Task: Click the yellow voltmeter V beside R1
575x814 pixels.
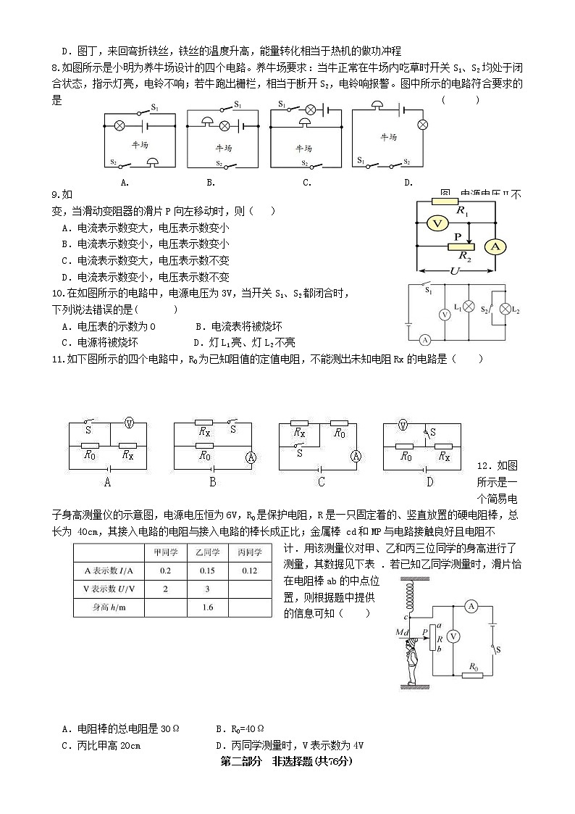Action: click(437, 223)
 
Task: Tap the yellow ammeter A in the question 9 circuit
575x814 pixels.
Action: click(495, 246)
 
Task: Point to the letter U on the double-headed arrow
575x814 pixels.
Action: click(456, 271)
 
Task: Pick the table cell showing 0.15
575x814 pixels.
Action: click(207, 570)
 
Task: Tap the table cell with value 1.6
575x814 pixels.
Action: click(207, 607)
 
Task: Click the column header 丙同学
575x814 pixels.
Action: click(250, 552)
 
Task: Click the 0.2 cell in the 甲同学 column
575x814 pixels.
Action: click(165, 570)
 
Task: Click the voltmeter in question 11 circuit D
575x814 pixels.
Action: click(404, 425)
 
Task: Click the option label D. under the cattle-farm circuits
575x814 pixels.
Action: click(408, 183)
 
